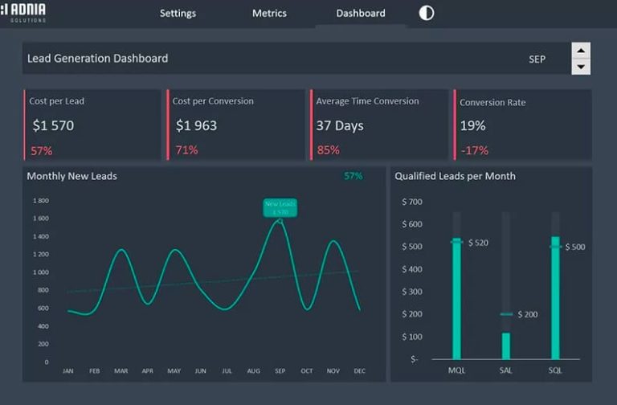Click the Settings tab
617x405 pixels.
coord(178,14)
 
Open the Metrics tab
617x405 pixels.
coord(269,14)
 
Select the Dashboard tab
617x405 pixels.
coord(361,14)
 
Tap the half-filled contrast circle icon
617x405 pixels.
coord(427,13)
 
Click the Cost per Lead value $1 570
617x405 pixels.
coord(53,125)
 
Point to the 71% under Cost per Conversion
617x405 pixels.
coord(186,150)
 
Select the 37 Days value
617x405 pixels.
coord(339,125)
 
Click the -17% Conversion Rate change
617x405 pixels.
coord(474,150)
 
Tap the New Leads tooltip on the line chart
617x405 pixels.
coord(280,207)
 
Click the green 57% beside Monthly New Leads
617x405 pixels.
coord(353,176)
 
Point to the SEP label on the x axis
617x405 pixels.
coord(280,371)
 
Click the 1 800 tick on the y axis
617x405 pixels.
coord(41,200)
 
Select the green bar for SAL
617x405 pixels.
coord(506,346)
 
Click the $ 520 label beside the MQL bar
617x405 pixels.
coord(478,243)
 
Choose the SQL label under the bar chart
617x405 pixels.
coord(555,370)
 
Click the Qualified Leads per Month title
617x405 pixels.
coord(455,176)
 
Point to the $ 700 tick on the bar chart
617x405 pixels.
coord(411,202)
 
